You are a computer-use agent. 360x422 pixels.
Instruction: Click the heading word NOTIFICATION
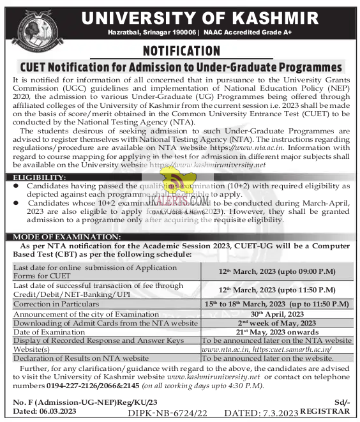[180, 50]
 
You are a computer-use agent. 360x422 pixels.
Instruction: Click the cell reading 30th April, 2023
[276, 313]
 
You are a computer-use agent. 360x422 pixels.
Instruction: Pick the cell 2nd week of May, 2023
[276, 323]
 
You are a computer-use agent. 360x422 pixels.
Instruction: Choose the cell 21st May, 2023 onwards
[276, 332]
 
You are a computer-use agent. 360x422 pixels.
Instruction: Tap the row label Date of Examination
[49, 332]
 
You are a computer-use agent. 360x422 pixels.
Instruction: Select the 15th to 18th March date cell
[276, 304]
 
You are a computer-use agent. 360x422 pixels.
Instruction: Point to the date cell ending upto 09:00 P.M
[276, 271]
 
